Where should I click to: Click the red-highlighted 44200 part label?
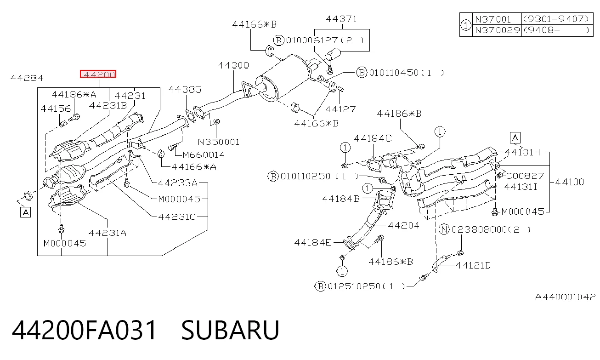[98, 74]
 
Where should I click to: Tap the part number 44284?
[27, 78]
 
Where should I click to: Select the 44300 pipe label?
[233, 65]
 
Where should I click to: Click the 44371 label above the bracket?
[341, 19]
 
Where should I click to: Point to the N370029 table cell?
[497, 30]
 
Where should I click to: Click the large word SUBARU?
[230, 330]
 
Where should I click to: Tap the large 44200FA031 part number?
[84, 330]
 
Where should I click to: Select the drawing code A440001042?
[565, 297]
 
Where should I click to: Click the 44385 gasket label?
[185, 90]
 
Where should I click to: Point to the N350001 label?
[219, 142]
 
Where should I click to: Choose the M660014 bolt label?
[204, 154]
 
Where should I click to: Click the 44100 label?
[570, 182]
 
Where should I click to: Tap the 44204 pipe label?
[404, 225]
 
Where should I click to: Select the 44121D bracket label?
[473, 265]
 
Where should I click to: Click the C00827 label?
[525, 176]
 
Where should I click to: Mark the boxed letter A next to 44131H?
[515, 138]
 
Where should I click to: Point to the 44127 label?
[341, 109]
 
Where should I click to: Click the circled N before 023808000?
[444, 229]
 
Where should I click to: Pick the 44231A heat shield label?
[108, 233]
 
